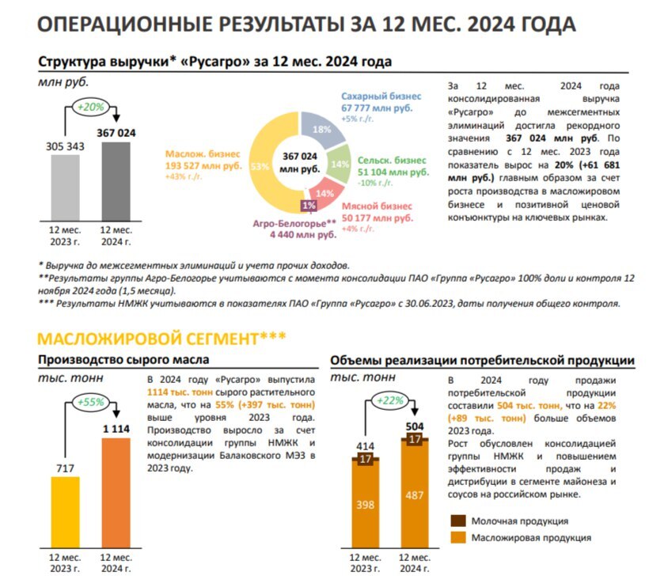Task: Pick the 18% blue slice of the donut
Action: [323, 131]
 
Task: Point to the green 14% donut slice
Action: [340, 165]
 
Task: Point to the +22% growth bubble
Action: [389, 400]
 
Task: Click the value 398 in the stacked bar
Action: [366, 505]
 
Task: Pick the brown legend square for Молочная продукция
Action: [457, 521]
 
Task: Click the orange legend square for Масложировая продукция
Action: [457, 538]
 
